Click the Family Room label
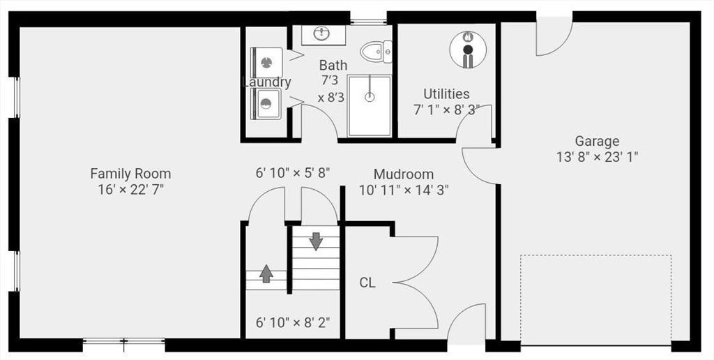[130, 174]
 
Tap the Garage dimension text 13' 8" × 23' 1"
[597, 157]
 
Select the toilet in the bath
[376, 52]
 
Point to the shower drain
[370, 96]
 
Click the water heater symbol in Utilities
[468, 50]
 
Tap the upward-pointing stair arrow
[266, 273]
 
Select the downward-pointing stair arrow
[316, 241]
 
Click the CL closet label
[367, 283]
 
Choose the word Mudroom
[404, 174]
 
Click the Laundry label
[267, 82]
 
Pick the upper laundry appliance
[267, 62]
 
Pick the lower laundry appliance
[266, 104]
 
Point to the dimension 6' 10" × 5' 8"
[293, 173]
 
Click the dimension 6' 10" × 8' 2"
[293, 322]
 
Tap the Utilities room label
[446, 94]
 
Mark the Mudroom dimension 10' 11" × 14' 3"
[404, 190]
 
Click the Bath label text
[333, 65]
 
